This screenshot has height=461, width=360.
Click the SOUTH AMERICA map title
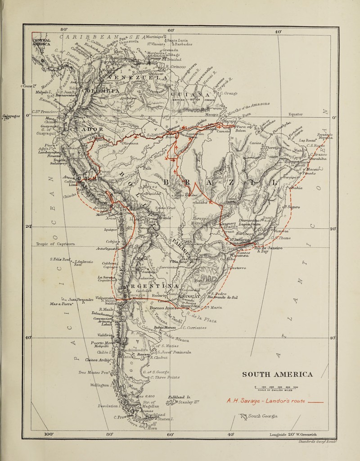click(277, 375)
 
